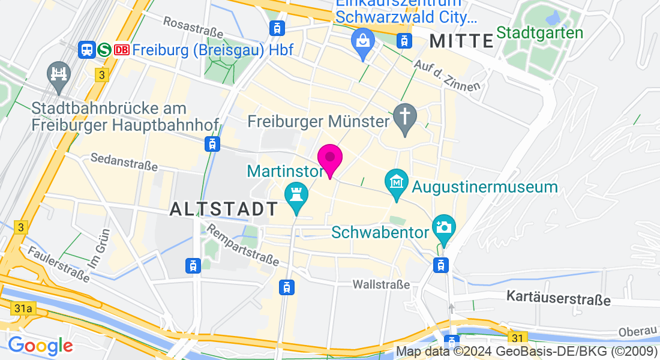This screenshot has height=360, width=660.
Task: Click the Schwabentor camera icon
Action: (444, 228)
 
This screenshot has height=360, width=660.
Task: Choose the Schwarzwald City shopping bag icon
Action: (363, 43)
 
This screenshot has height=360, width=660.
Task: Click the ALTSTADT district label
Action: (224, 209)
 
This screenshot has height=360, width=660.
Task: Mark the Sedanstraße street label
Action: (124, 161)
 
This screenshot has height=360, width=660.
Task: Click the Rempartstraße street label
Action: (243, 245)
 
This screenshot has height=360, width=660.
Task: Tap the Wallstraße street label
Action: (381, 284)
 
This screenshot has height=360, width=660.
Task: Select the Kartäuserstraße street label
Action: (559, 298)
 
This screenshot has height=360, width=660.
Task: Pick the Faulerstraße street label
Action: (58, 263)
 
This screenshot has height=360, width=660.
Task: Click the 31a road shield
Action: (22, 308)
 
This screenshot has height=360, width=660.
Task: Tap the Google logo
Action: (40, 346)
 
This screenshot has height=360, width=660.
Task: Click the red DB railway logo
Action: (122, 50)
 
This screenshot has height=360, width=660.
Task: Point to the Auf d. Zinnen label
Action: (448, 75)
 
